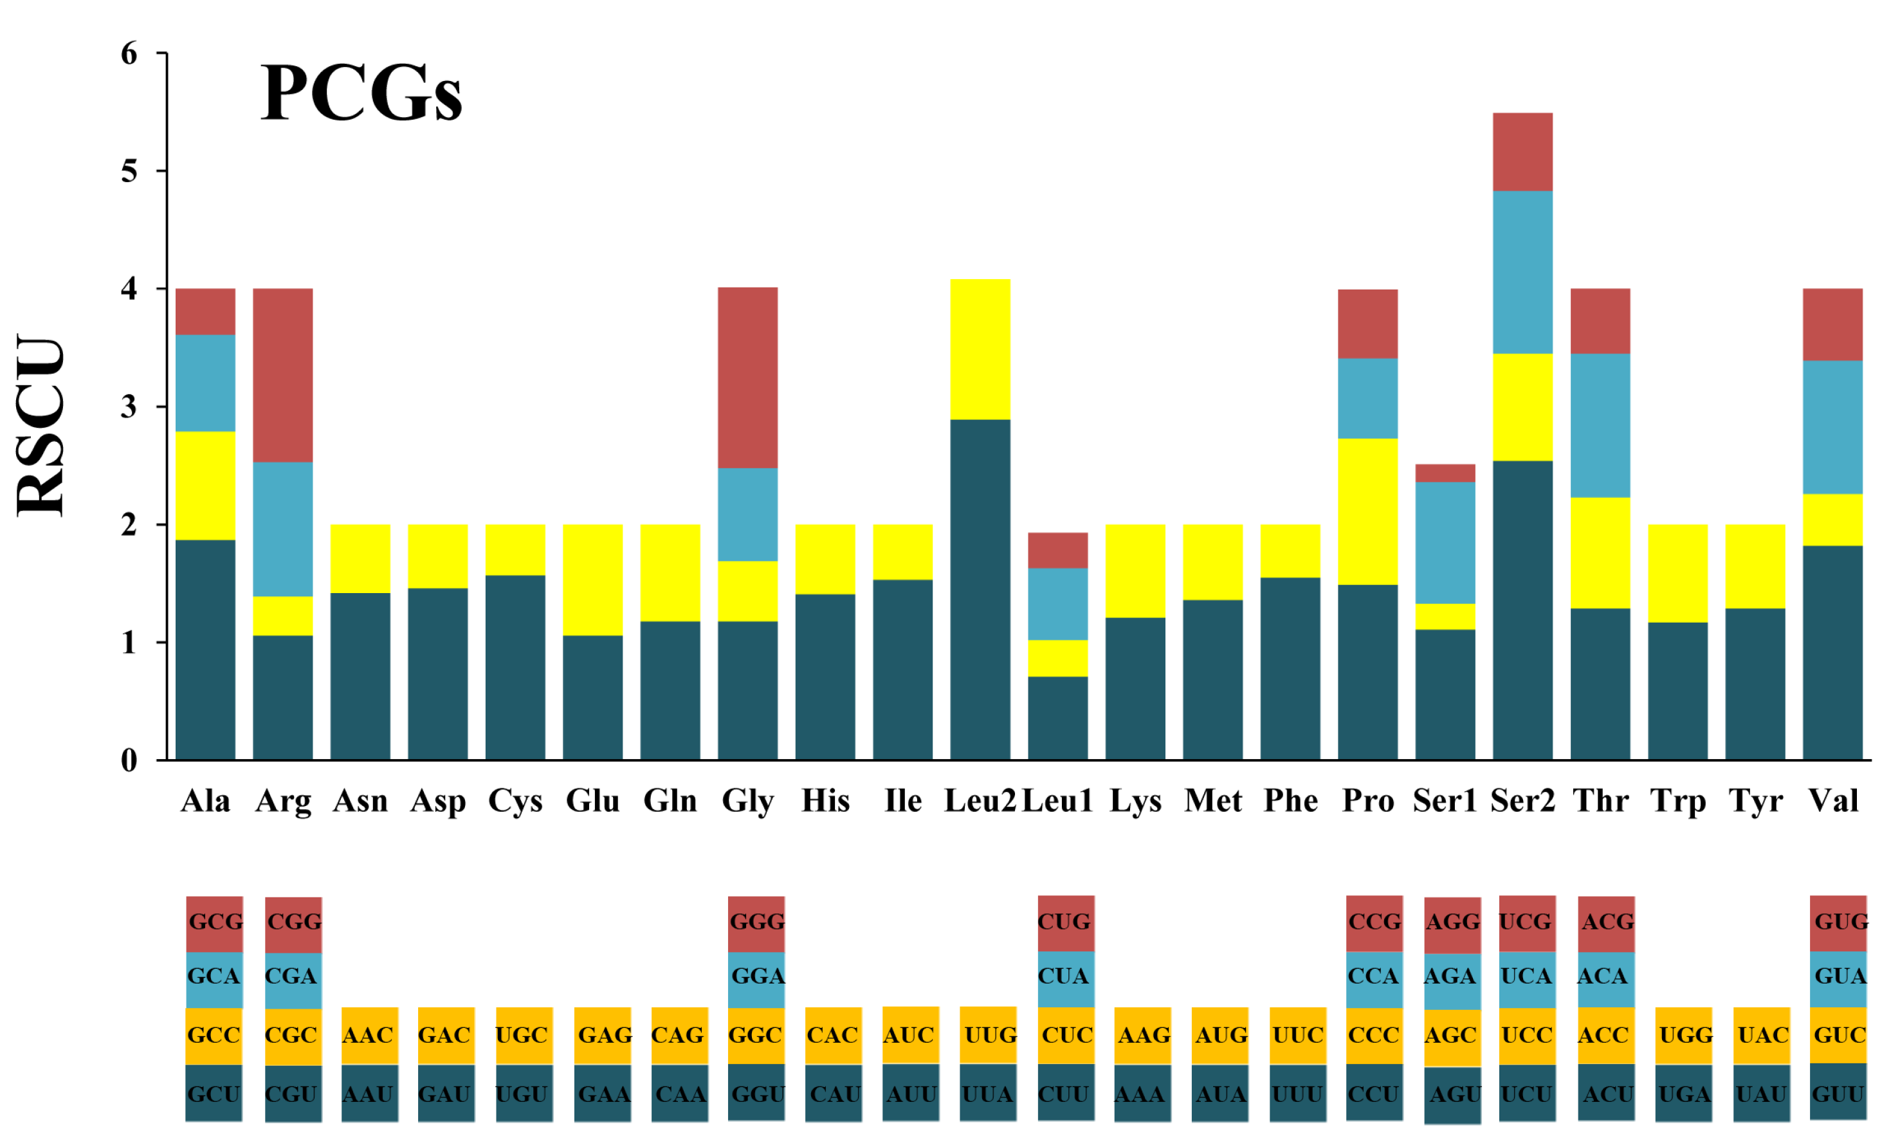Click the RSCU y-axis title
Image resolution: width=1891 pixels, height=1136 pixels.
[41, 426]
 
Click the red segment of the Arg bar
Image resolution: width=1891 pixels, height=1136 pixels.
[282, 375]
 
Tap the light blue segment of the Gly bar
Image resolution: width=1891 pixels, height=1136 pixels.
[747, 515]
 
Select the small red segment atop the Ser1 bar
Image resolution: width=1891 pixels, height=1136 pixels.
[1444, 473]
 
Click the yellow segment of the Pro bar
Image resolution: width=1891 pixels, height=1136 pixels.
[1367, 511]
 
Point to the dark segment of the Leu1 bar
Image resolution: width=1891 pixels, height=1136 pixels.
[1057, 717]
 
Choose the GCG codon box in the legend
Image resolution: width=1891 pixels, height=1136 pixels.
[214, 922]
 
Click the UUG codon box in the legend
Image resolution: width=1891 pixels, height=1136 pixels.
[988, 1036]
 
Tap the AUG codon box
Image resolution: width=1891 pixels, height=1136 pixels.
[1220, 1036]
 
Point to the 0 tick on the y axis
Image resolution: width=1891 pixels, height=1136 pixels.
[129, 761]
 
